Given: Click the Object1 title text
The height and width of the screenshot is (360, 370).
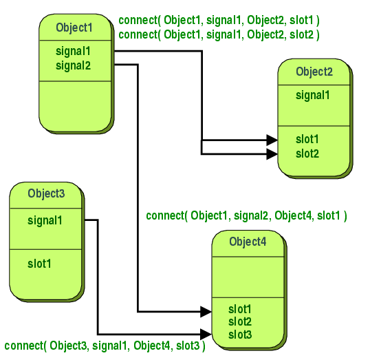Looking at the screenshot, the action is point(74,28).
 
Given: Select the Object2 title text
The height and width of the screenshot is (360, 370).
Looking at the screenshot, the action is point(314,72).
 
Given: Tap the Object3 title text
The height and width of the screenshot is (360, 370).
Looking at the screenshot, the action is point(46,193).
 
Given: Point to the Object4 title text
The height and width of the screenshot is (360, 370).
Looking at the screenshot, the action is point(248,242).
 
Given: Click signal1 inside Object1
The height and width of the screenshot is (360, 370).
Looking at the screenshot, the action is point(73,52).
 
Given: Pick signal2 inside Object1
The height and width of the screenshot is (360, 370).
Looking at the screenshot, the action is point(73,65).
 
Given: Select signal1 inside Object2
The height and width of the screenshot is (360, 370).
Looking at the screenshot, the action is point(313,96).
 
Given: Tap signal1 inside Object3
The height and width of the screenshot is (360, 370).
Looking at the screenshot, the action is point(45,221).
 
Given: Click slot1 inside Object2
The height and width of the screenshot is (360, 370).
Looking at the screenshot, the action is point(307,139).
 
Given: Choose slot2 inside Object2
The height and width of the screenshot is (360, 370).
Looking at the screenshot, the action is point(307,153).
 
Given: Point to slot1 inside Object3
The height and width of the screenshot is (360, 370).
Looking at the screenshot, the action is point(39,264).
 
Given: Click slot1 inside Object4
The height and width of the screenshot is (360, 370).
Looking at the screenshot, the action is point(240,310).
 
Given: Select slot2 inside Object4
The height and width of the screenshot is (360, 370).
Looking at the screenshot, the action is point(240,322).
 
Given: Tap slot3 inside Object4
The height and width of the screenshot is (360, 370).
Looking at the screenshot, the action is point(240,335).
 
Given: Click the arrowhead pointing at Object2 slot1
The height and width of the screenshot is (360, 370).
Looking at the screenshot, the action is point(272,140).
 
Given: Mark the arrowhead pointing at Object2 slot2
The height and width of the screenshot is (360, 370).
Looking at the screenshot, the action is point(272,154).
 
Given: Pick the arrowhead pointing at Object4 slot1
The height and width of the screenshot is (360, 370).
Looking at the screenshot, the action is point(206,312).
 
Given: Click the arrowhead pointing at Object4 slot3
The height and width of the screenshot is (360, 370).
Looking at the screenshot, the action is point(206,334).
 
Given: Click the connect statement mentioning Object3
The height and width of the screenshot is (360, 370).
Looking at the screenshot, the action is point(105,346).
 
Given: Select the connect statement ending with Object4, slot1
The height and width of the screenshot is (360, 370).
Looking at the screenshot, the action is point(247,216).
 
